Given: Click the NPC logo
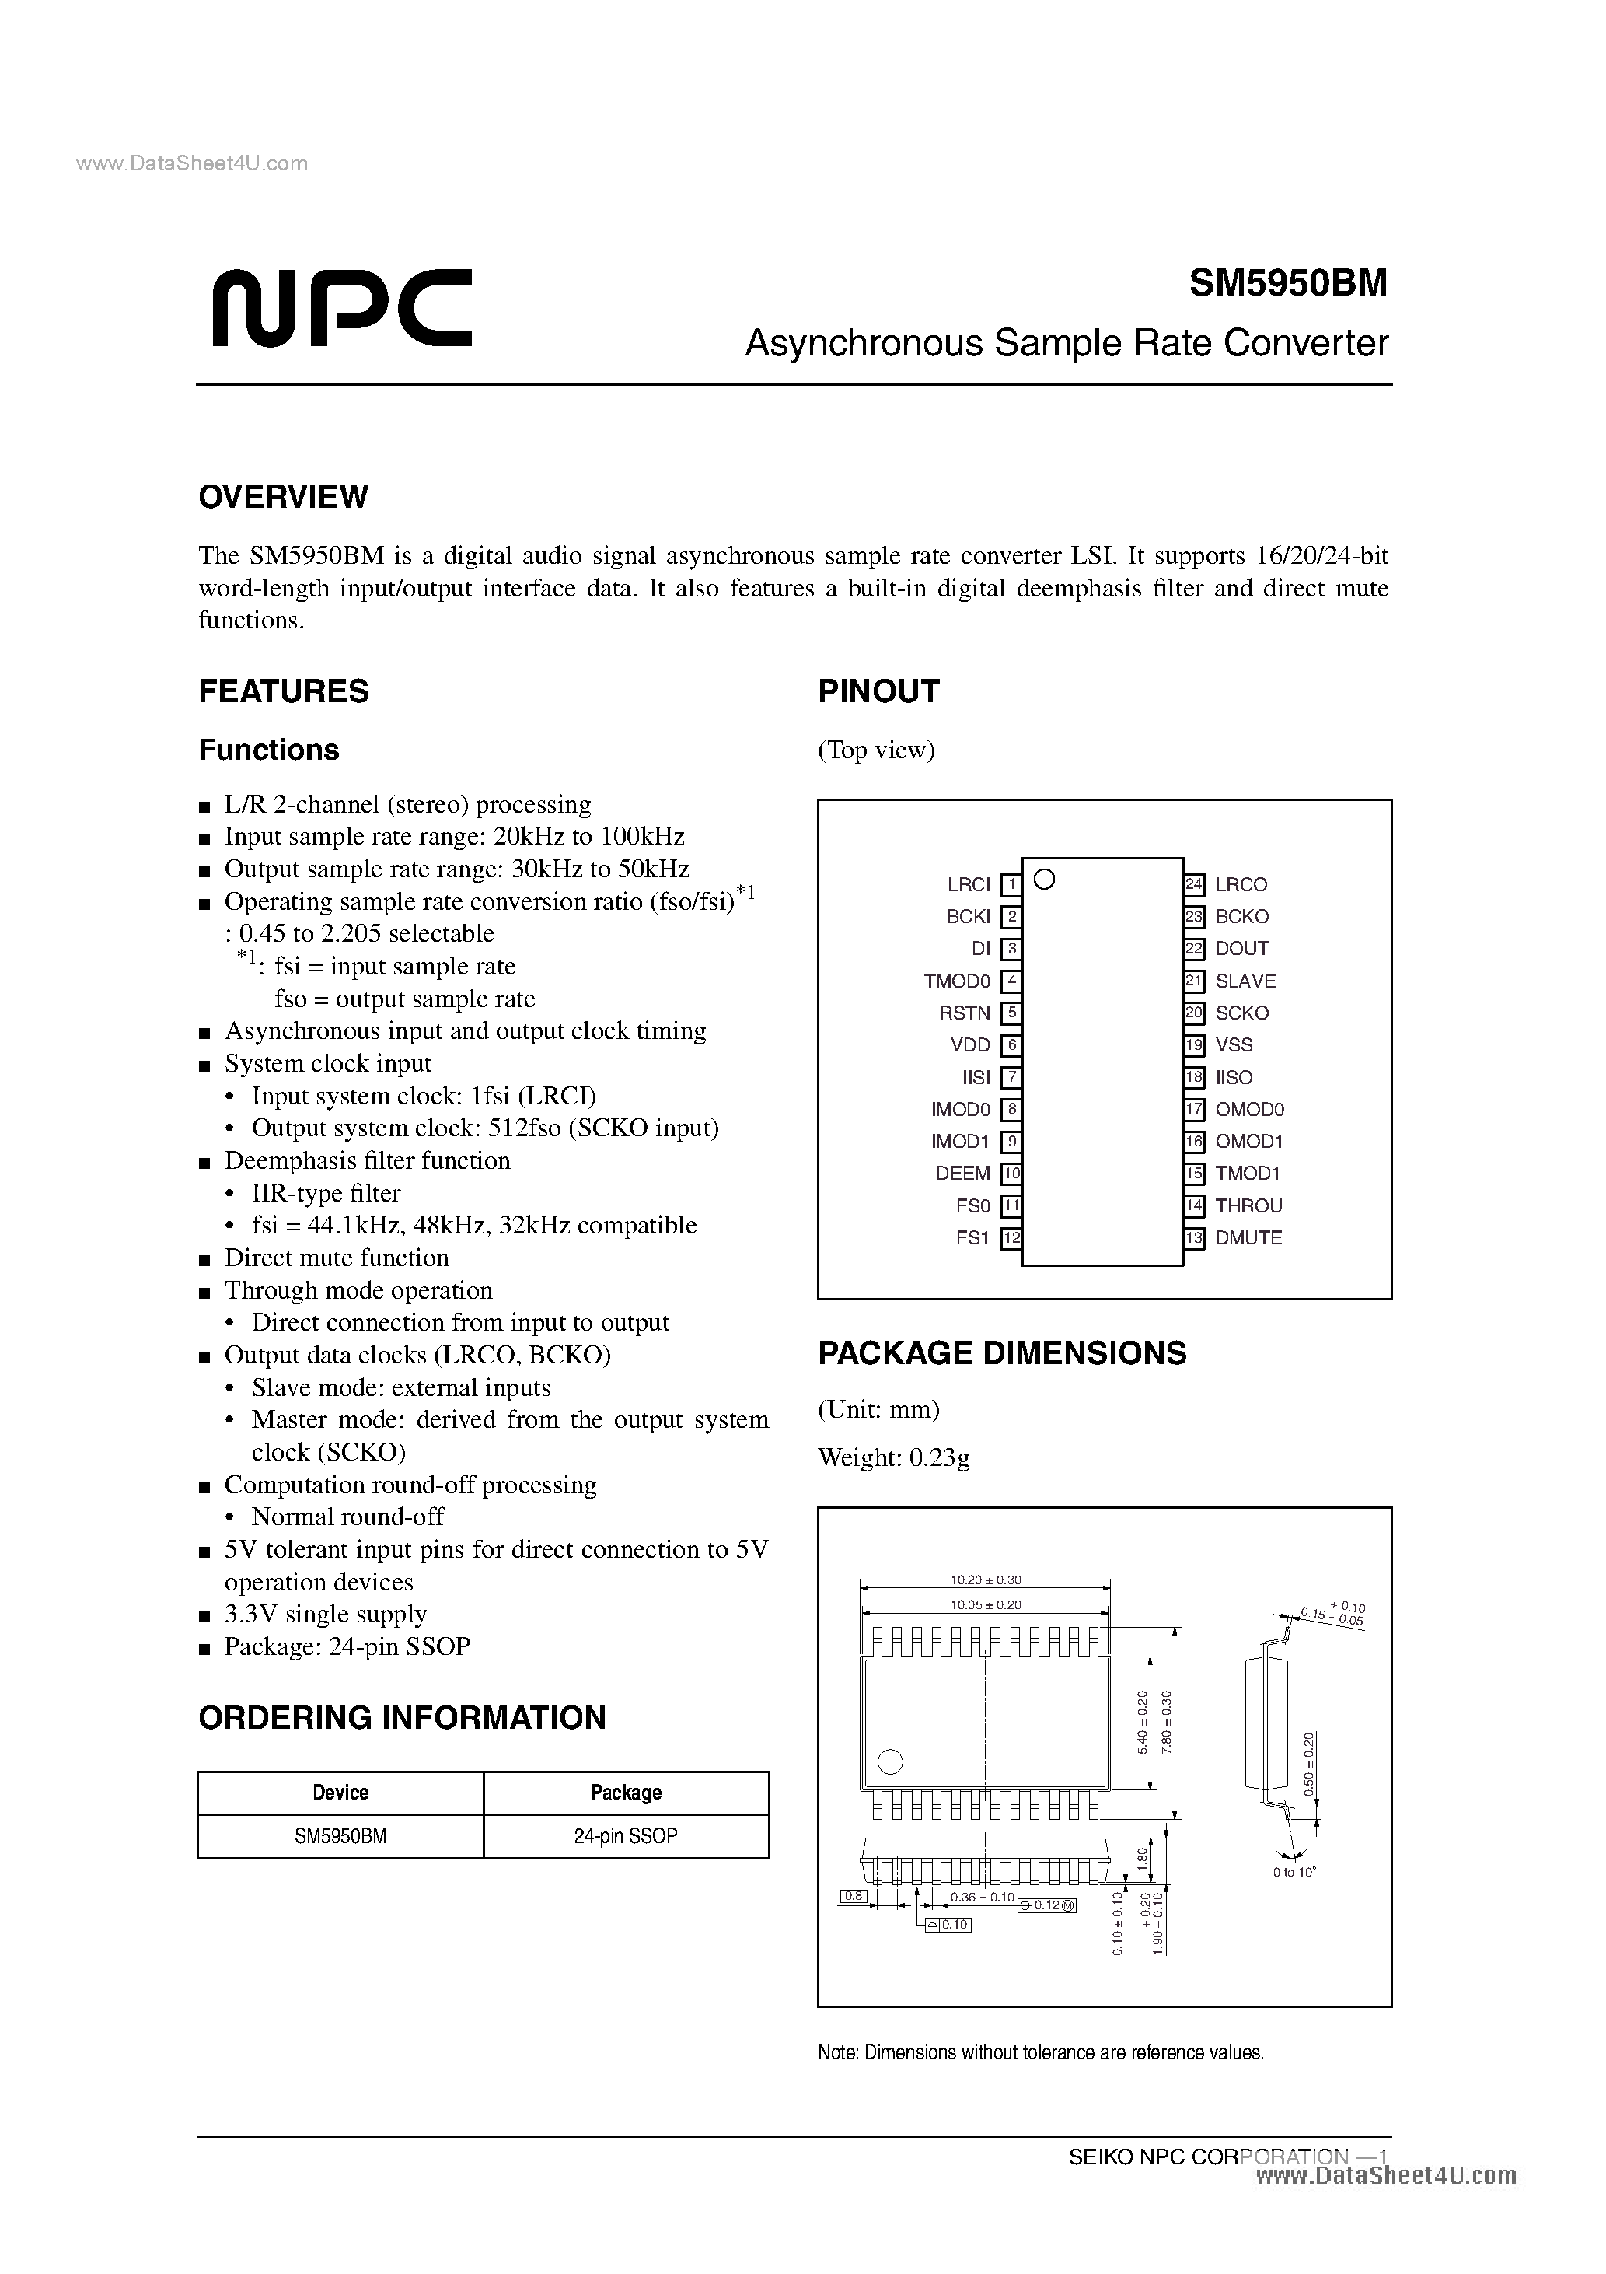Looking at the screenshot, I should coord(340,308).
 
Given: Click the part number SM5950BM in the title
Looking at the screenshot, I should coord(1287,283).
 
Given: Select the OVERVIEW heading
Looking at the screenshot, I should coord(283,496).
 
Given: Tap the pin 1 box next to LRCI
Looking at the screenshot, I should coord(1010,884).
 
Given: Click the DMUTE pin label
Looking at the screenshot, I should coord(1248,1237).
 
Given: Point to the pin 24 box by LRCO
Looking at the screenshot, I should coord(1194,884).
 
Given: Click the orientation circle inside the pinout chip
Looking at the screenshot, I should coord(1044,879).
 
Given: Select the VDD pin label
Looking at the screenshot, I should coord(969,1045).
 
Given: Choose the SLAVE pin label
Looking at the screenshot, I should coord(1245,981).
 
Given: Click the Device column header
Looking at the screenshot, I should coord(340,1793).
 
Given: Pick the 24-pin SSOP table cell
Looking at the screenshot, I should coord(626,1835).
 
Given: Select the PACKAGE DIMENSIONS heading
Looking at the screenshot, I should coord(1001,1353).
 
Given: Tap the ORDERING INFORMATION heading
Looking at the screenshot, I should coord(402,1717).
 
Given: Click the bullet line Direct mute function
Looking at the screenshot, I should coord(336,1258).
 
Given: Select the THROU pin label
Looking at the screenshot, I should coord(1248,1205).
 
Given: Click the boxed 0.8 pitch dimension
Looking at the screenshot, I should coord(853,1896).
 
